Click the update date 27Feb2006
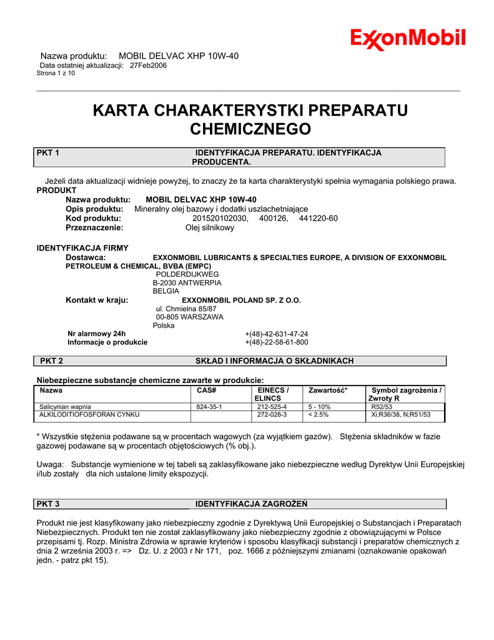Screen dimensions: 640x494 [148, 65]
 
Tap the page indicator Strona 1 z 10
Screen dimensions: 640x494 [56, 73]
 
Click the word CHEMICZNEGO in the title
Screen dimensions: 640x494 [250, 129]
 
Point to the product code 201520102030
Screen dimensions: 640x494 [220, 218]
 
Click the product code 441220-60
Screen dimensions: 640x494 [319, 218]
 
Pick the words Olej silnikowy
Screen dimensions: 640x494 [210, 227]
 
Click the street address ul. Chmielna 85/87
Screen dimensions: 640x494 [186, 309]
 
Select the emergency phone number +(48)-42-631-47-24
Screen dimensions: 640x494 [276, 334]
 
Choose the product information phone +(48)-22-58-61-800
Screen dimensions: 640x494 [276, 342]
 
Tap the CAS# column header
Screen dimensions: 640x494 [206, 390]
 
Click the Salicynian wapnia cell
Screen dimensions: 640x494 [66, 406]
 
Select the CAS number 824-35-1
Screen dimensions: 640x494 [209, 406]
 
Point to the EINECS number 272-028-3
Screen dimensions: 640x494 [272, 414]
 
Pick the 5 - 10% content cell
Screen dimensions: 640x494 [319, 406]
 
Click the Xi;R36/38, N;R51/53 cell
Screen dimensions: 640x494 [400, 414]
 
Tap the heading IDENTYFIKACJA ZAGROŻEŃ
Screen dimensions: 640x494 [252, 504]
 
